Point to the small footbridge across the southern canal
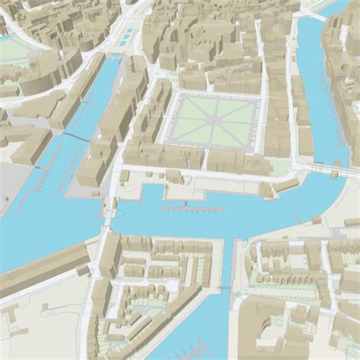[x=225, y=288]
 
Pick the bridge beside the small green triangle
[x=319, y=169]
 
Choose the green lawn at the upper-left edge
[x=14, y=49]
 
